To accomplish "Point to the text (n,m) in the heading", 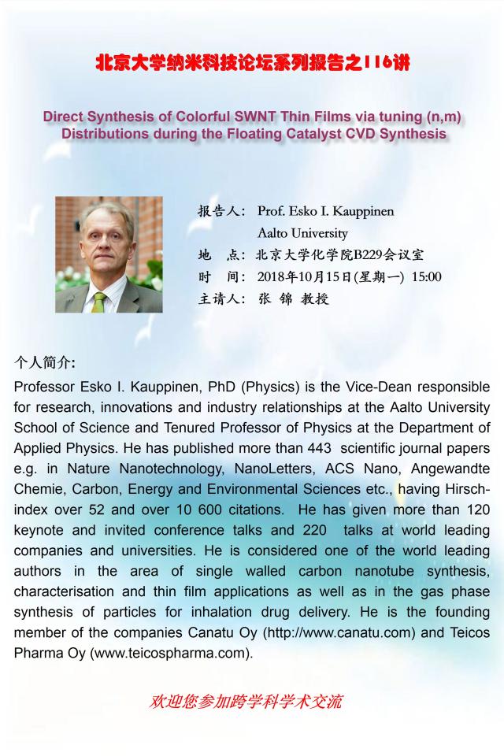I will tap(442, 117).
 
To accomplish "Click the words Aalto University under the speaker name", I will tap(302, 233).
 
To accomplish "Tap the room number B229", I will tap(369, 254).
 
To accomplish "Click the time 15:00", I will tap(423, 276).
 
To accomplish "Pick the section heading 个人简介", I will tap(45, 363).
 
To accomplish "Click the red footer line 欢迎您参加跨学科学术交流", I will tap(246, 702).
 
